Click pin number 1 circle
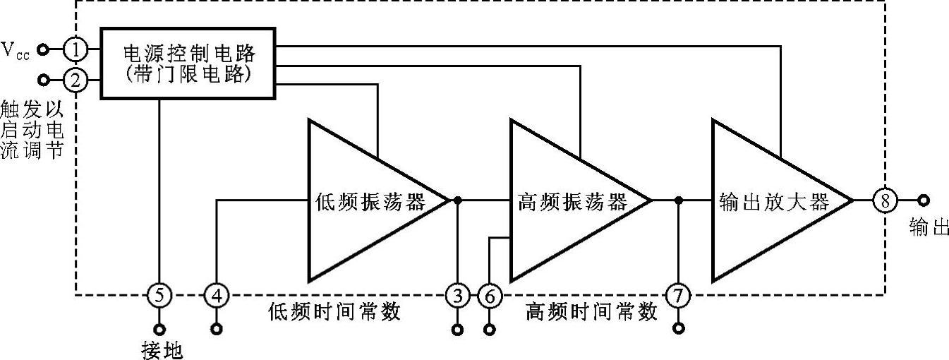pos(75,49)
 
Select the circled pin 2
pos(75,80)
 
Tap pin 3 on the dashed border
pos(457,294)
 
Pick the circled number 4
pos(216,294)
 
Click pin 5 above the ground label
pos(159,294)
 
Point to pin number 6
pos(488,294)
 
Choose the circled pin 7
pos(678,294)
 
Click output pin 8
pos(885,200)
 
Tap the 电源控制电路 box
pos(188,64)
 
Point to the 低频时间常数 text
pos(335,311)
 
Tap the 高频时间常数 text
pos(591,311)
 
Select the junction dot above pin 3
pos(458,200)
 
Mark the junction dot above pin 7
pos(678,200)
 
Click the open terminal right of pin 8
pos(922,200)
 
